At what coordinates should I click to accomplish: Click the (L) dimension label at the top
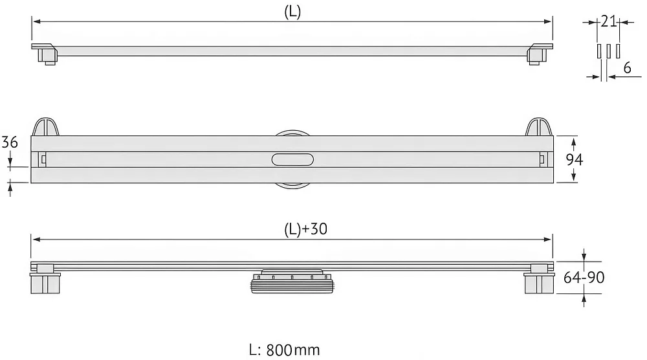tap(292, 12)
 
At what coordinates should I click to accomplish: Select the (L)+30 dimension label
tap(306, 229)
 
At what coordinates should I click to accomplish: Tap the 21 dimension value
tap(608, 21)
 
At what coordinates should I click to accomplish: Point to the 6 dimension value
tap(627, 68)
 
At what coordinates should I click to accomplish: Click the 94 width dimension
tap(574, 159)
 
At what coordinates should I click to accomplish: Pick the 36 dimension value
tap(10, 142)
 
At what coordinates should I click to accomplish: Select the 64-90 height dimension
tap(584, 277)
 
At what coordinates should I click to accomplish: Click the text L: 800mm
tap(284, 350)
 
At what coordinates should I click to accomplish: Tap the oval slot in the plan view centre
tap(292, 159)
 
